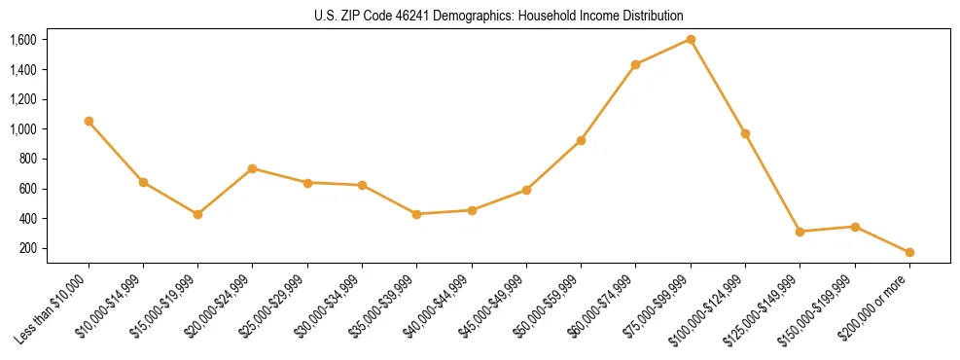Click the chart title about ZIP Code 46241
pos(499,16)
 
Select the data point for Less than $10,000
pos(89,121)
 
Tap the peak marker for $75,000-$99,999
pos(691,39)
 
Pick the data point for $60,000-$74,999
pos(636,64)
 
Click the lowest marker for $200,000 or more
pos(909,252)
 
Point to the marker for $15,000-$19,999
pos(197,214)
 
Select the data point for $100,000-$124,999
pos(745,133)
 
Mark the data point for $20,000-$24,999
pos(253,168)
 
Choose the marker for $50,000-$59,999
pos(581,140)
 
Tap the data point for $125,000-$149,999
pos(800,232)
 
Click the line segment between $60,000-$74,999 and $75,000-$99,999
pos(663,52)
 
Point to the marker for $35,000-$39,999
pos(416,214)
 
